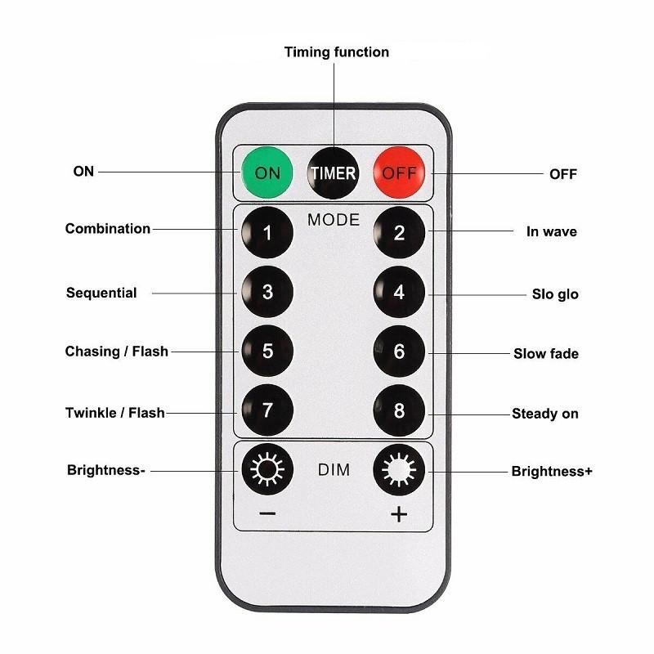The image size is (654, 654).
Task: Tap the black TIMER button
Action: (333, 173)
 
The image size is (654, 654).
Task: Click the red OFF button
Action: (399, 172)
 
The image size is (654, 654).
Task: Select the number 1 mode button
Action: (267, 232)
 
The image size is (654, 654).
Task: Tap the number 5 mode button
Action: (267, 351)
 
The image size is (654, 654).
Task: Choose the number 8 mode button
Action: (399, 410)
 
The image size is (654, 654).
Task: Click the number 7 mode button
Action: (267, 410)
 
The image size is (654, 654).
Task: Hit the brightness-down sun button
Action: (267, 469)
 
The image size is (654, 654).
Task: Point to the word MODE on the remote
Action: (334, 220)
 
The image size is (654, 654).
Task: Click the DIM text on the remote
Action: (334, 469)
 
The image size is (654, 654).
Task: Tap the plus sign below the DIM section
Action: (399, 514)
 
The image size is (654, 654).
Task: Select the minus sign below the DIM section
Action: (267, 513)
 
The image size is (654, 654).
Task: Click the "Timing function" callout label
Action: (337, 52)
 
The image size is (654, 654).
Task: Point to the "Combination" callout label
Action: (108, 229)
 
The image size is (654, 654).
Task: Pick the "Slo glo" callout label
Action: (555, 294)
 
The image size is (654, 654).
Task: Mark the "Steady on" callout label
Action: (545, 414)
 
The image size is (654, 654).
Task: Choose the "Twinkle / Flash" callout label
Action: (115, 413)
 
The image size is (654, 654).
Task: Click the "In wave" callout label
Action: (551, 231)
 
